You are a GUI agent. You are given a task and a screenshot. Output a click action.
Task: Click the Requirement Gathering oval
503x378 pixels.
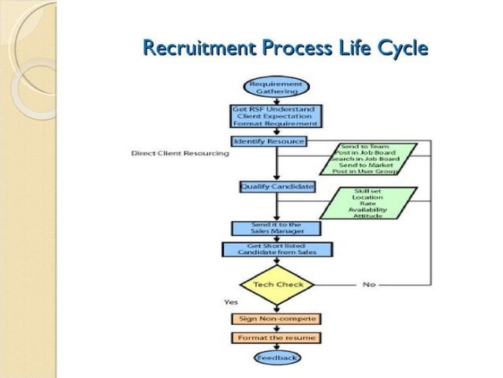(276, 87)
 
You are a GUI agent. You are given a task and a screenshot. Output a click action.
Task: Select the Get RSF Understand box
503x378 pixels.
(276, 116)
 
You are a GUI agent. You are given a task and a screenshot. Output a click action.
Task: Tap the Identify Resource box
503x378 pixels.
(268, 141)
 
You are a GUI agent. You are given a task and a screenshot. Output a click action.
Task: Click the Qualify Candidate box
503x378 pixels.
(277, 187)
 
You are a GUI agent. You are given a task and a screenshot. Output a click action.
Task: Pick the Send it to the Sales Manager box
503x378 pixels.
(276, 228)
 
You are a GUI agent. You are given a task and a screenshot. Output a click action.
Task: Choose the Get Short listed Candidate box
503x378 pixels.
(277, 249)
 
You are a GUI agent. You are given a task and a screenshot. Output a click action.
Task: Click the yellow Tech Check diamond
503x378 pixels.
(277, 284)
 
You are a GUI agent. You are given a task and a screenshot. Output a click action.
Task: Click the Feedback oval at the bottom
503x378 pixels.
(277, 358)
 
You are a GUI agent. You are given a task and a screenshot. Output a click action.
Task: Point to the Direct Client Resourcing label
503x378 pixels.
(180, 153)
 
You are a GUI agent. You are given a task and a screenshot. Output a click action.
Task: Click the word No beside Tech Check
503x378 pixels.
(368, 284)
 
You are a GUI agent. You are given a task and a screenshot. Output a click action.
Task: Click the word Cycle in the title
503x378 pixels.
(401, 50)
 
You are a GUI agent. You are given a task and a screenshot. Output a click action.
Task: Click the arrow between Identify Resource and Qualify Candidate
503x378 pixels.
(276, 164)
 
